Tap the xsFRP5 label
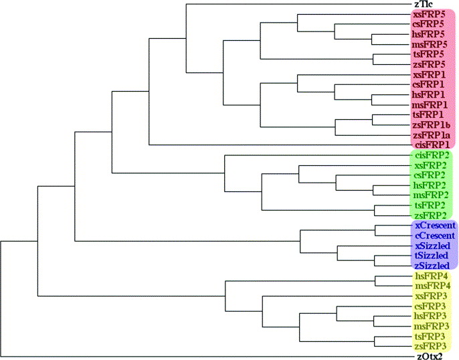429,15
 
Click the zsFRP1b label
431,125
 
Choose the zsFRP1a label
431,135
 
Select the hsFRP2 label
429,185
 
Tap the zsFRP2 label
430,215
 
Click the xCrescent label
436,226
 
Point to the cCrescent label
436,236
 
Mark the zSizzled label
432,266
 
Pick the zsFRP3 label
430,346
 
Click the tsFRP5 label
428,54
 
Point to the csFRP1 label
429,84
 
